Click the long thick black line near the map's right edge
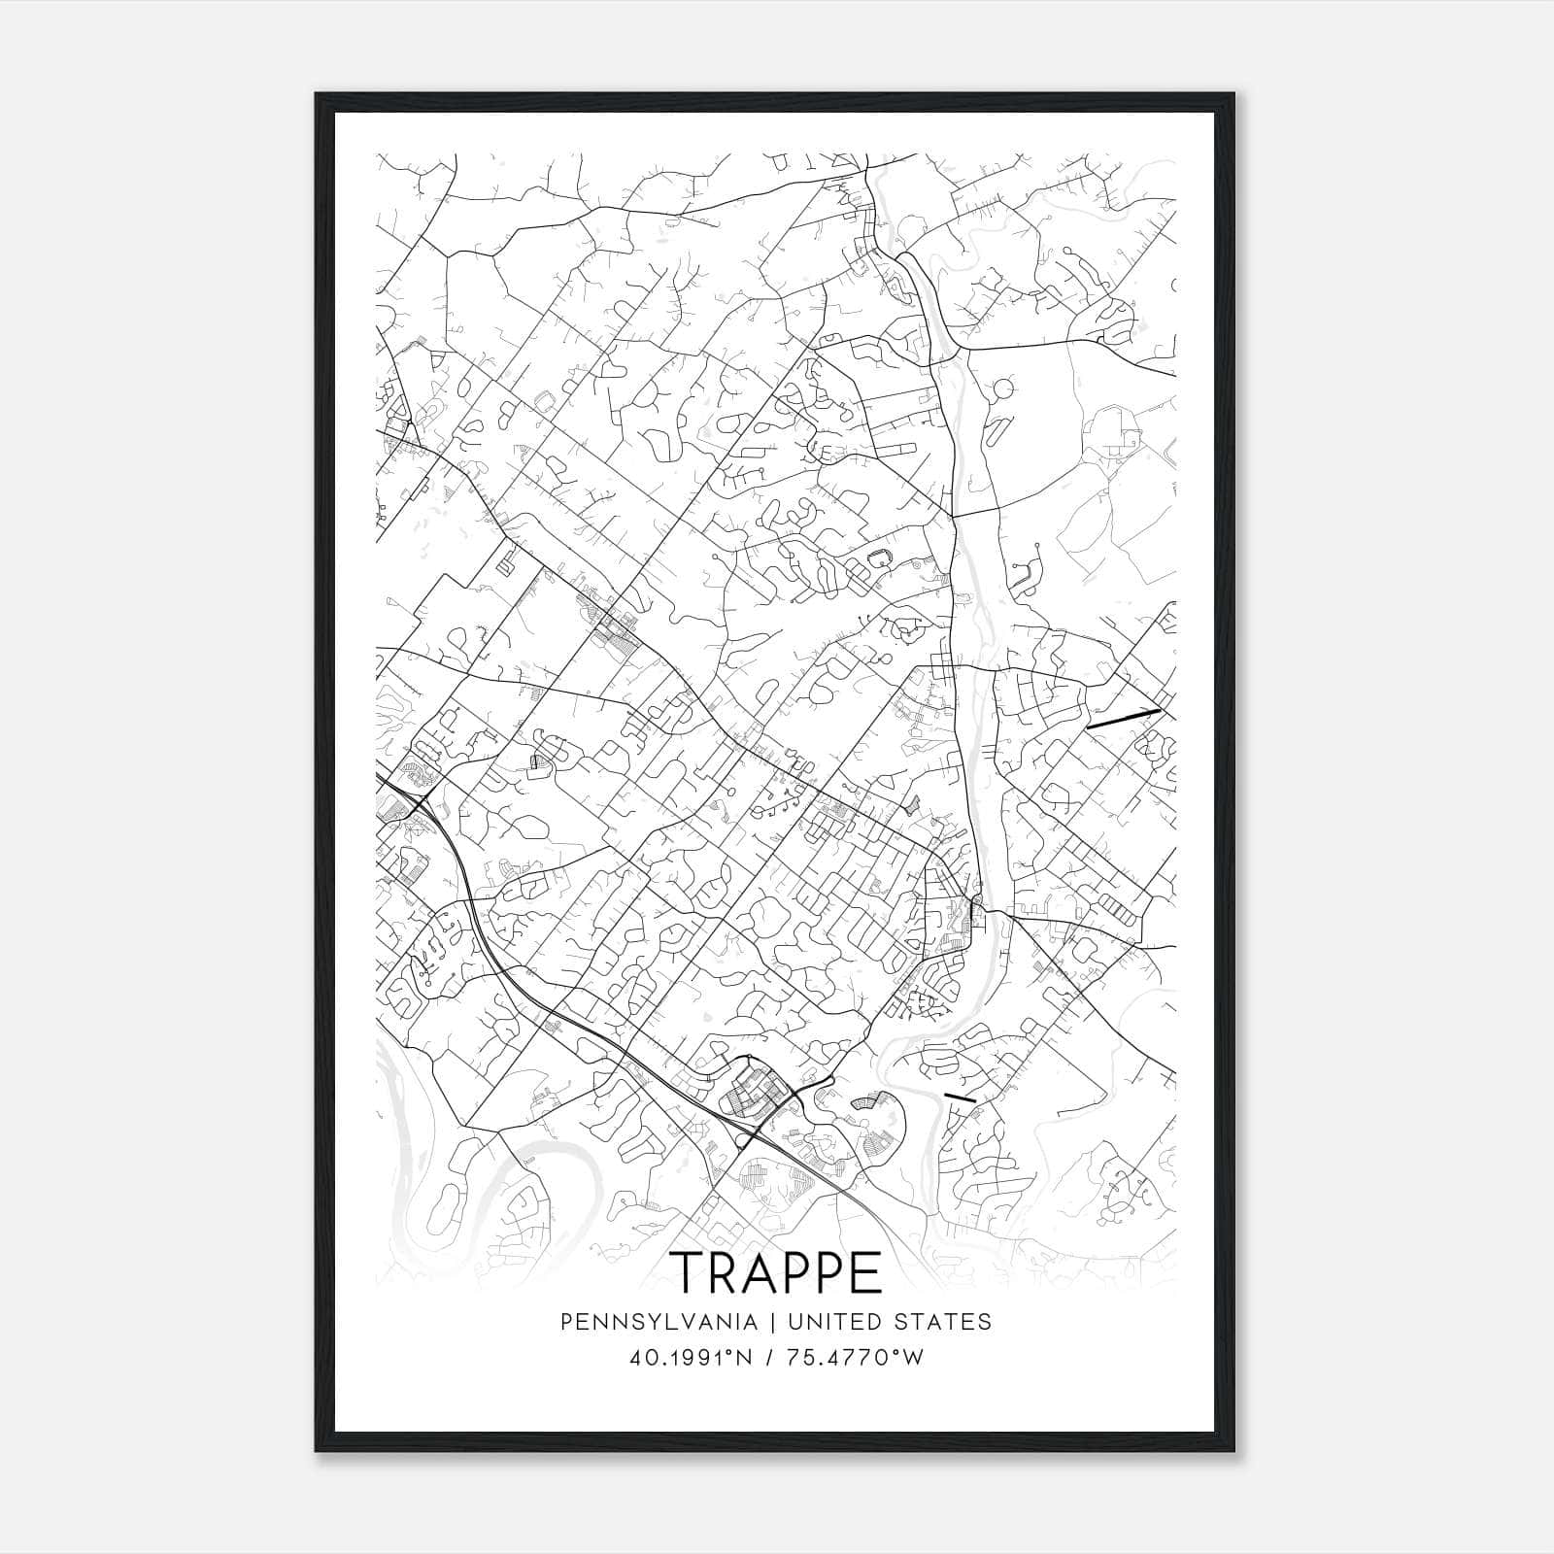(x=1123, y=719)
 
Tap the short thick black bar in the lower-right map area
(x=959, y=1096)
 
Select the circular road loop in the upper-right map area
(x=1002, y=390)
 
